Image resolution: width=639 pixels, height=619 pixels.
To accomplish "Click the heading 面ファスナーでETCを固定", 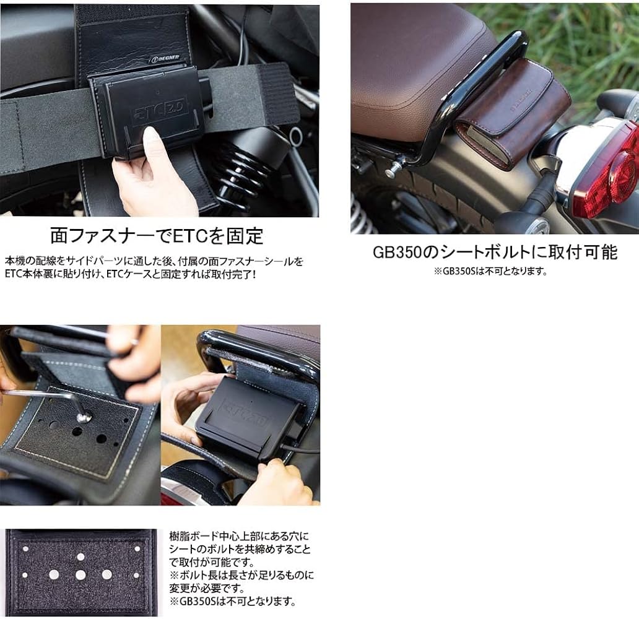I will click(156, 236).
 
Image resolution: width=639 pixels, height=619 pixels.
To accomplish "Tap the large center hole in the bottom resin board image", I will click(80, 575).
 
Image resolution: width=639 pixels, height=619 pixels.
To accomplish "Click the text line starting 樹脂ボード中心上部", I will click(238, 535).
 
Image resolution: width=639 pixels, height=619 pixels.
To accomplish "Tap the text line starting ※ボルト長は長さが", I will click(241, 575).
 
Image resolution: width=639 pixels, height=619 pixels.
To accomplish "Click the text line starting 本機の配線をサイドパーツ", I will click(154, 261).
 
